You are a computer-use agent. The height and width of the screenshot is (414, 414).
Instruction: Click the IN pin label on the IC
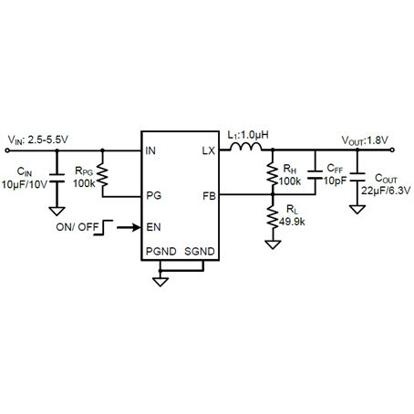150,150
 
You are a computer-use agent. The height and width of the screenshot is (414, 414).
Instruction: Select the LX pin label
209,150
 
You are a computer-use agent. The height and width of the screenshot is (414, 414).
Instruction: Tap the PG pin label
154,195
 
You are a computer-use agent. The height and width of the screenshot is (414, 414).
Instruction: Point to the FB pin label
209,196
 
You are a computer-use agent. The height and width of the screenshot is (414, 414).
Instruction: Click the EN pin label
153,227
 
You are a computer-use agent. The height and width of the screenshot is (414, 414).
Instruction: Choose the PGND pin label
161,252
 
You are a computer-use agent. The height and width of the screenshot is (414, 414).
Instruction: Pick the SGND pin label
200,252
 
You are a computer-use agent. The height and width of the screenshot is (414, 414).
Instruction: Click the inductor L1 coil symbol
246,147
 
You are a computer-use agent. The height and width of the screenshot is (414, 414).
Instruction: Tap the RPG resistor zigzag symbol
102,175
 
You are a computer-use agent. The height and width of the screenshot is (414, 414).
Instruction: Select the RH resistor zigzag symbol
273,175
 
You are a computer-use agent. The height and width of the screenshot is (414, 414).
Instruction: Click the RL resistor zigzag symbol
273,216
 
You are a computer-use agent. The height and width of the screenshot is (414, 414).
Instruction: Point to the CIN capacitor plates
57,179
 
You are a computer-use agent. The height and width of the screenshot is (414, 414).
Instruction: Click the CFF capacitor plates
315,175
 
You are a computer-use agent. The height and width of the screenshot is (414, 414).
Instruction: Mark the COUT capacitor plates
357,178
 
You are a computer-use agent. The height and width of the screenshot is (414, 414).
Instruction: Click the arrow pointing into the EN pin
129,227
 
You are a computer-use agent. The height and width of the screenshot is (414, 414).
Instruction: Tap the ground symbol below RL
273,244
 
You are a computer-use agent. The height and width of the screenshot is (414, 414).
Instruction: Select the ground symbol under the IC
160,282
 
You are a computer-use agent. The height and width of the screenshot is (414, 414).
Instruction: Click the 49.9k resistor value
292,222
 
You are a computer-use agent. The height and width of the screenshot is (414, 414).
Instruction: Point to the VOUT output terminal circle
392,150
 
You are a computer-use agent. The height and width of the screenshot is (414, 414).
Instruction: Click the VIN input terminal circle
7,150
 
